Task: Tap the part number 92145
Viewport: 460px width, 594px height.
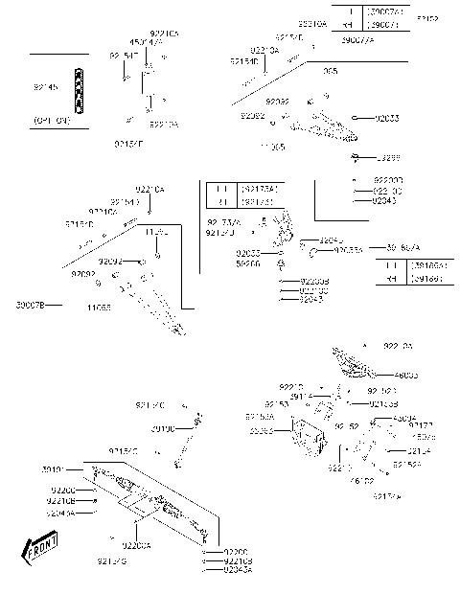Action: tap(44, 87)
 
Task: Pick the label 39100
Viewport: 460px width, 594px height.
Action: tap(163, 429)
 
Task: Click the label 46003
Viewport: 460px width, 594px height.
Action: tap(406, 375)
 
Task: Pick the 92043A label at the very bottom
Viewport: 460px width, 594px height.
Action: tap(237, 570)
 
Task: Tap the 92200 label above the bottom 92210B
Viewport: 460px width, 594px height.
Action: tap(235, 552)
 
